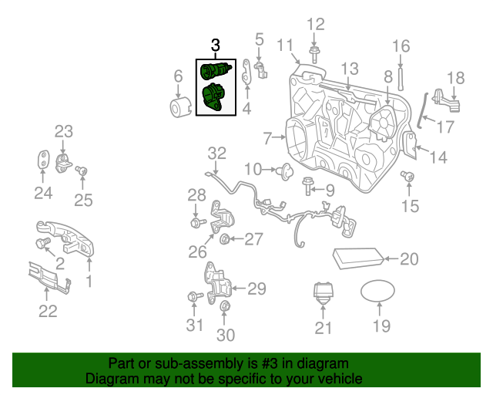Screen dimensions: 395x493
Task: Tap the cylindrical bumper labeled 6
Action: point(179,108)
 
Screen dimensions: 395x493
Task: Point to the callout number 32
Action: point(217,153)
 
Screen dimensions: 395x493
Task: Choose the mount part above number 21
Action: point(324,296)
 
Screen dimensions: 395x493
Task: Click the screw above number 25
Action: point(83,171)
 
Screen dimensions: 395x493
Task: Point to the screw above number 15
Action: point(409,177)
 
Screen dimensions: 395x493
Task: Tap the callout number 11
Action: point(285,44)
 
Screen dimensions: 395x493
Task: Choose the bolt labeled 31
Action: point(195,296)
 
